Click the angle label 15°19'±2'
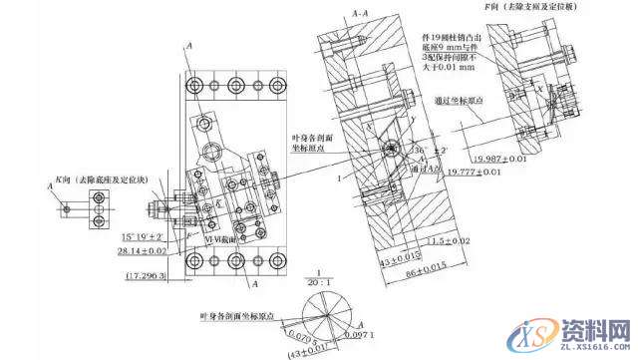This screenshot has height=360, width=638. coord(142,235)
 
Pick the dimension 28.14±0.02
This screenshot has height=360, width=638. coord(142,253)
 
